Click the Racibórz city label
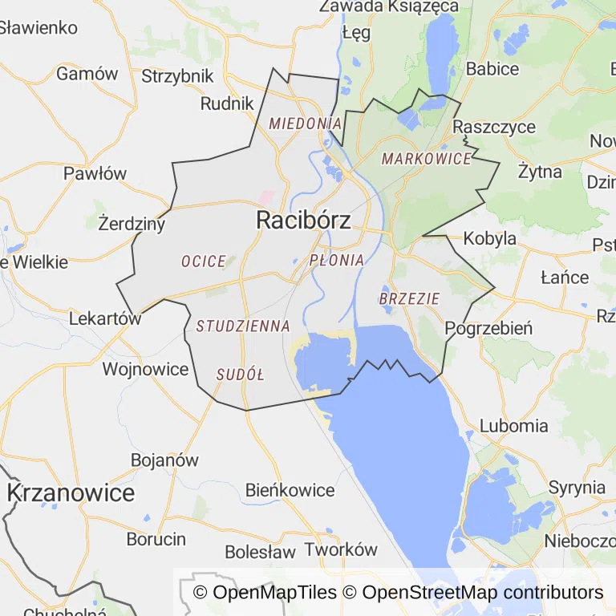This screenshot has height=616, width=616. tap(303, 221)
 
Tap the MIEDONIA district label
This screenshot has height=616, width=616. tap(306, 124)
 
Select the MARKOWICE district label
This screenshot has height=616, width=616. tap(426, 159)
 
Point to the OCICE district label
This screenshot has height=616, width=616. tap(203, 261)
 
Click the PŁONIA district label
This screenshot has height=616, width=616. tap(337, 260)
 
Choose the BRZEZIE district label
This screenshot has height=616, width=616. tap(410, 298)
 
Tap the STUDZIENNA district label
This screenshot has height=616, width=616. tap(243, 326)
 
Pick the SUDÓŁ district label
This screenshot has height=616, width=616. tap(240, 375)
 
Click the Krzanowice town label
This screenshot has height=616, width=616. tap(71, 492)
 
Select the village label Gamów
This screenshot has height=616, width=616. tap(87, 74)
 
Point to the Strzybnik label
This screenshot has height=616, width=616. tap(177, 76)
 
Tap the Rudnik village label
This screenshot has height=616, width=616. tap(227, 103)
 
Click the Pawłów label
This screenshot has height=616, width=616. tap(95, 173)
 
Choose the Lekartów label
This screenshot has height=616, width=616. tap(105, 318)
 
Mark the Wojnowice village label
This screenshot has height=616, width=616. tap(145, 370)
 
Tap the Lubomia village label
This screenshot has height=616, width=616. tap(514, 426)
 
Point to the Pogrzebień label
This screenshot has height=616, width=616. tap(488, 328)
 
